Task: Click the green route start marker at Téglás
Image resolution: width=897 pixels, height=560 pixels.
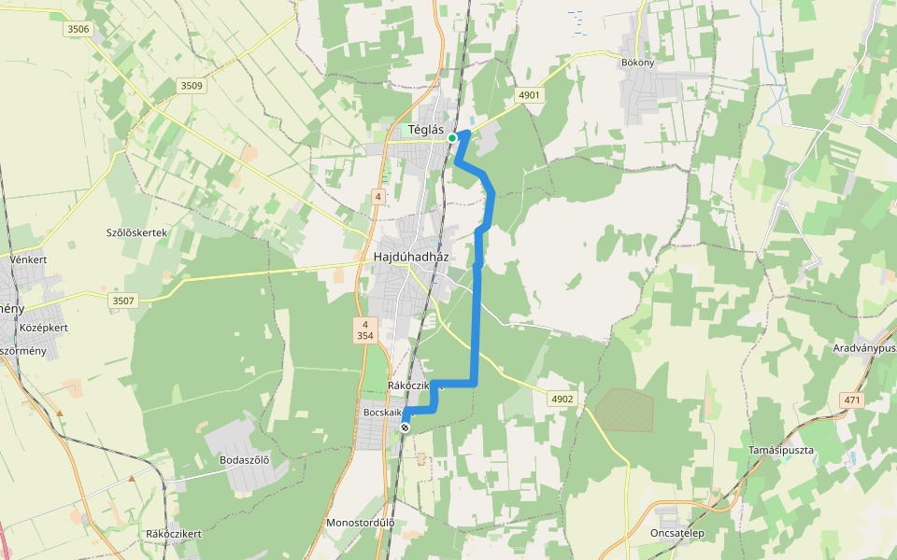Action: (x=452, y=138)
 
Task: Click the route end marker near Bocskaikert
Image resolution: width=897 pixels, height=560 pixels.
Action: (x=405, y=427)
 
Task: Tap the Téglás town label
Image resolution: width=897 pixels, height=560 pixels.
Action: (x=426, y=130)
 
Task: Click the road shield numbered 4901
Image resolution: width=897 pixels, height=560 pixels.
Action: (x=529, y=95)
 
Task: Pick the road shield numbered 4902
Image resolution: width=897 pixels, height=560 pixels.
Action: (x=562, y=399)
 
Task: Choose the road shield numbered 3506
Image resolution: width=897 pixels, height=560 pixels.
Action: (x=78, y=30)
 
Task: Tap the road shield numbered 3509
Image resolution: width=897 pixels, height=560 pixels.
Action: (x=191, y=86)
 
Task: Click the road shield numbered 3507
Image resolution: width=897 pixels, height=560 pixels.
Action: (x=123, y=301)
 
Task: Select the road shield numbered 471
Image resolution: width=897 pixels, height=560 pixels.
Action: (x=850, y=399)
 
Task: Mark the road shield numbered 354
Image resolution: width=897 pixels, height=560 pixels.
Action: (x=365, y=336)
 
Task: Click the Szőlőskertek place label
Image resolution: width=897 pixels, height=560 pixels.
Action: (x=136, y=231)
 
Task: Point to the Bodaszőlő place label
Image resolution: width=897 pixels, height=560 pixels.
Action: (x=244, y=459)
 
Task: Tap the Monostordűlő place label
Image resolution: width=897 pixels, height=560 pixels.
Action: (x=360, y=524)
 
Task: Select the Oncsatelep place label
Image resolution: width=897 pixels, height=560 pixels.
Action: (x=676, y=533)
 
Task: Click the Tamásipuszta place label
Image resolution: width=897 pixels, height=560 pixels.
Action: (x=781, y=450)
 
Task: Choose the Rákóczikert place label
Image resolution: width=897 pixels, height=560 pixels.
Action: (x=174, y=534)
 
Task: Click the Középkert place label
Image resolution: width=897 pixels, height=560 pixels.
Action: (x=44, y=329)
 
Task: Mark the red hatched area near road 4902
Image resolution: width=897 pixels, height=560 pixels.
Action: (x=624, y=410)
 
